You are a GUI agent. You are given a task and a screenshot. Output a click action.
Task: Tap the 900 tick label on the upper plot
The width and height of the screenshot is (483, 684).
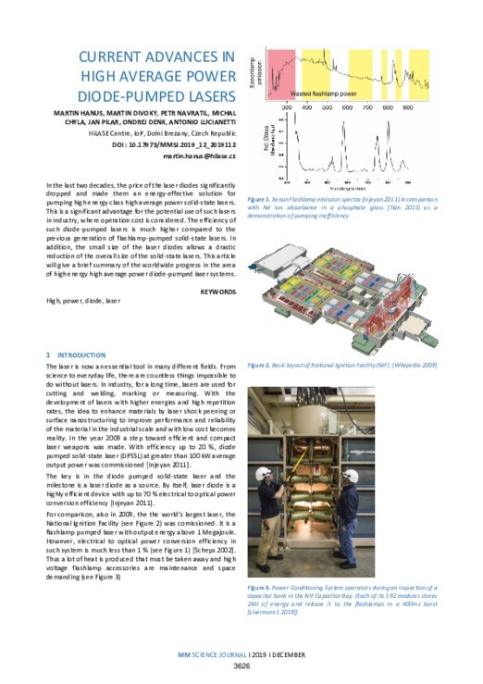click(x=408, y=107)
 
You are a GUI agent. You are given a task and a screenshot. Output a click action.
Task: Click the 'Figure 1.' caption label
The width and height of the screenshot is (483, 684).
click(x=263, y=198)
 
